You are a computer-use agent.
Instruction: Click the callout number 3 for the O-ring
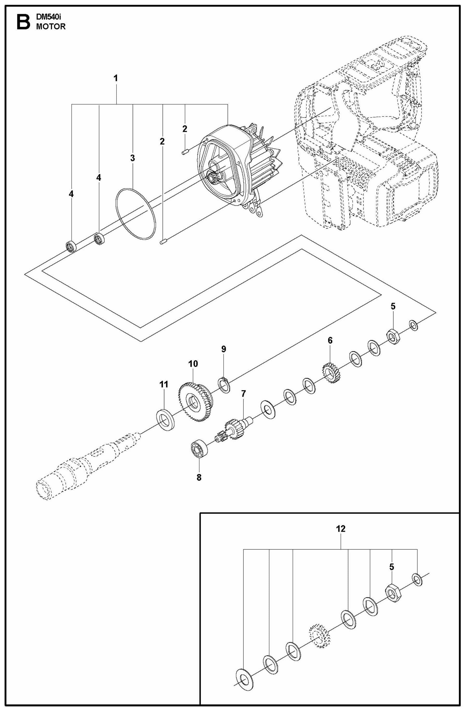click(133, 158)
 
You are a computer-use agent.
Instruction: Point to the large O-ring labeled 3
click(136, 214)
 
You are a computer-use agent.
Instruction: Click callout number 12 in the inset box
click(341, 529)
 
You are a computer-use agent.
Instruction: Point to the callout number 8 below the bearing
click(199, 477)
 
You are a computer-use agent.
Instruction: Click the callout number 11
click(164, 385)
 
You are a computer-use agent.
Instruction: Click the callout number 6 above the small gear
click(330, 340)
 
